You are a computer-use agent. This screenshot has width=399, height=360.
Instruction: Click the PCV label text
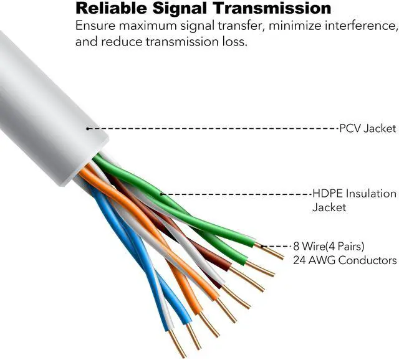(x=348, y=128)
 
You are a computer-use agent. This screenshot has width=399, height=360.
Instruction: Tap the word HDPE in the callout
(x=325, y=194)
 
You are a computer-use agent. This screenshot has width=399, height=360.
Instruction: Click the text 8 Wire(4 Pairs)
(x=329, y=245)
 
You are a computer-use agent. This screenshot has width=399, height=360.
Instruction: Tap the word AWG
(x=324, y=260)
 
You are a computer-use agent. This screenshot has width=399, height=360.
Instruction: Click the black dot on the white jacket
(x=89, y=128)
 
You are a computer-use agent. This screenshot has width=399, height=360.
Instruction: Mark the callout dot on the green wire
(x=162, y=194)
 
